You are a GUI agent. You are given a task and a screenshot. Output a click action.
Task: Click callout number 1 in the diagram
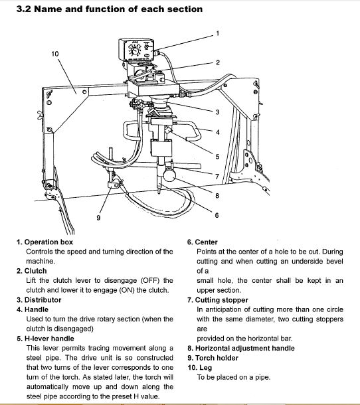coord(218,34)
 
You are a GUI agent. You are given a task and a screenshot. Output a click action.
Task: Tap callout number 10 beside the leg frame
coord(55,54)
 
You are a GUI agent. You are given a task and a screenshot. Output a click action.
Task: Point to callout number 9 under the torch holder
coord(98,218)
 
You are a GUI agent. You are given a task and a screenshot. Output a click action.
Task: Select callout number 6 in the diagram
coord(217,215)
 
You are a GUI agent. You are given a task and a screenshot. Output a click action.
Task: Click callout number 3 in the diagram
coord(217,112)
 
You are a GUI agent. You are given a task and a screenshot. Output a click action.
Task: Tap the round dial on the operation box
coord(135,51)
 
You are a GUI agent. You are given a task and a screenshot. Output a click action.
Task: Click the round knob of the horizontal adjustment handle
coord(169,175)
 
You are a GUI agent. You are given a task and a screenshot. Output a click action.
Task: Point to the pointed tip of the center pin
coord(159,193)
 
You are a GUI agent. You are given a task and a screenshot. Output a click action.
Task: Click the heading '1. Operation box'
coord(45,242)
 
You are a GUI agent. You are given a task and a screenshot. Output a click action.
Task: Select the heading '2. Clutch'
coord(31,271)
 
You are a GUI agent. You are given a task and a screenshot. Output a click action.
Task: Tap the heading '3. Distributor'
coord(39,300)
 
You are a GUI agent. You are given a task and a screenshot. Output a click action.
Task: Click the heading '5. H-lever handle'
coord(45,339)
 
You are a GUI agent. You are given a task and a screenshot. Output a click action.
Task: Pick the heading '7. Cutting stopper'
coord(218,300)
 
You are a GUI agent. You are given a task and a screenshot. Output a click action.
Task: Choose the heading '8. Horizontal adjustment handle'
coord(241,348)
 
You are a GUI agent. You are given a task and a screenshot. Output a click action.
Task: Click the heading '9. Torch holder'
coord(213,358)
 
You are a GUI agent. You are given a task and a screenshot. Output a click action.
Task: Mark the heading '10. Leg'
coord(200,368)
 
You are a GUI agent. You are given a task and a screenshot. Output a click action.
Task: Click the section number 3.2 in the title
coord(24,9)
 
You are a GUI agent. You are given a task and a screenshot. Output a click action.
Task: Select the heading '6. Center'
coord(203,242)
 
